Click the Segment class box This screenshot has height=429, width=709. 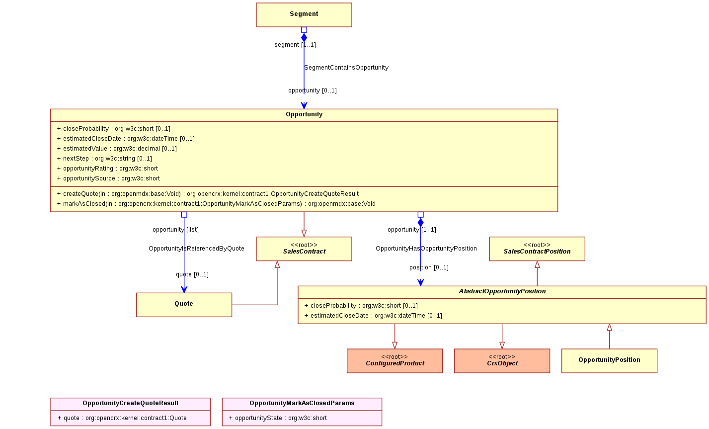(x=304, y=15)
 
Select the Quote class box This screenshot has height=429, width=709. (x=184, y=305)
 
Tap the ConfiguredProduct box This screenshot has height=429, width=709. (x=394, y=360)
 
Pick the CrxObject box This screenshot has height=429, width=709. (x=502, y=360)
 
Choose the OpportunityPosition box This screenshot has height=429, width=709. (x=609, y=360)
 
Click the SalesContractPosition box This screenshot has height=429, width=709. (x=537, y=249)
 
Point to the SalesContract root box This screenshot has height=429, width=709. (x=304, y=249)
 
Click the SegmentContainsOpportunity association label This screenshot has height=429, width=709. (x=346, y=68)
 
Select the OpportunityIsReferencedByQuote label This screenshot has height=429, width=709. (x=196, y=249)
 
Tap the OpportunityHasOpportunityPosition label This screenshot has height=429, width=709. (x=426, y=249)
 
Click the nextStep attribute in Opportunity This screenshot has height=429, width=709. (x=104, y=158)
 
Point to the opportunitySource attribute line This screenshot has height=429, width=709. (x=109, y=178)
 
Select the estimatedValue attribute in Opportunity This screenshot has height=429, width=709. (x=117, y=149)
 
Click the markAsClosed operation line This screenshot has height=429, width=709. (x=216, y=204)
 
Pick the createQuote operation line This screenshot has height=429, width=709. (x=208, y=194)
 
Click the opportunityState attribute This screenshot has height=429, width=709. (x=278, y=418)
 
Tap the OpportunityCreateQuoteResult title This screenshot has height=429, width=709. (x=130, y=403)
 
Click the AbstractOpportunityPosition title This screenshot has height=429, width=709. (x=502, y=291)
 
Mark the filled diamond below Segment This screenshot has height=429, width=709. (x=304, y=38)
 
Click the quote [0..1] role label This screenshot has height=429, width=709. (x=192, y=274)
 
